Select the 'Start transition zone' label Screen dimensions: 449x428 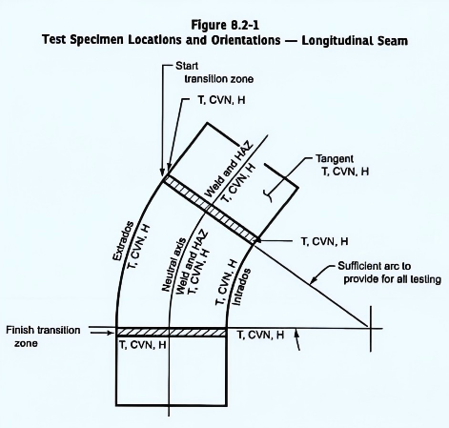(x=214, y=72)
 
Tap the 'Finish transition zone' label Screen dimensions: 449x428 (x=43, y=336)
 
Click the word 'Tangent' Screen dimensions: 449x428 (x=335, y=158)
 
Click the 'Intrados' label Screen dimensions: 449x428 (x=241, y=287)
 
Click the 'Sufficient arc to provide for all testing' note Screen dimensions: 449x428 (x=389, y=273)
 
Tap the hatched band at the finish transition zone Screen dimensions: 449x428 (x=172, y=333)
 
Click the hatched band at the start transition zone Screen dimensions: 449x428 (x=211, y=210)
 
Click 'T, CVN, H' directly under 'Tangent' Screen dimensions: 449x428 (x=345, y=172)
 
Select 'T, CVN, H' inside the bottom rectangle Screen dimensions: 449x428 (x=143, y=345)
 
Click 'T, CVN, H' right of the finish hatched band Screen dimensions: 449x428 (x=260, y=335)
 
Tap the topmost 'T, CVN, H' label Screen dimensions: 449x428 (x=222, y=100)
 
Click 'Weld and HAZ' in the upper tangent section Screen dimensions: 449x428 (x=229, y=170)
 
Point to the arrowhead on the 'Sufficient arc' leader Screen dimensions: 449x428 (x=313, y=280)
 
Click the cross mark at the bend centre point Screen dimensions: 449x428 (x=370, y=328)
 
